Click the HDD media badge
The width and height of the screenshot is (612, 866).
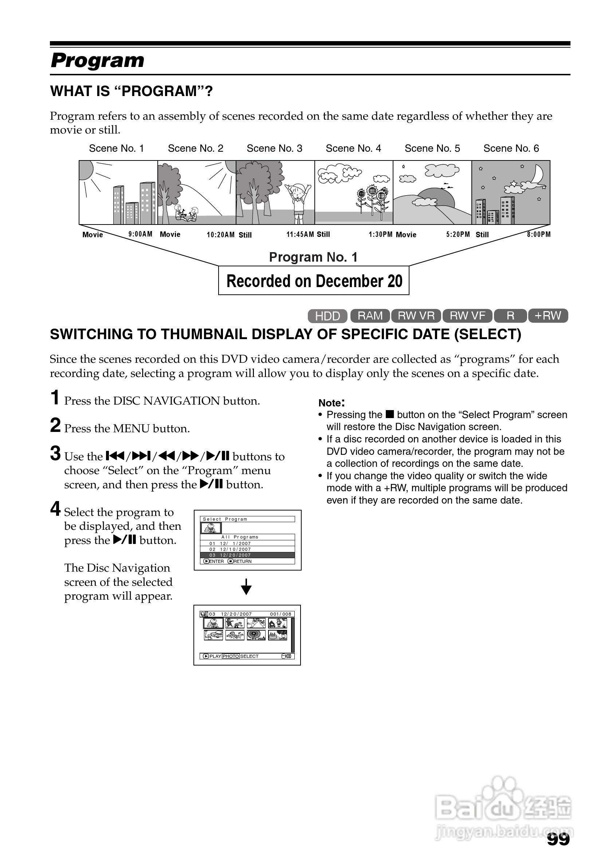[x=327, y=316]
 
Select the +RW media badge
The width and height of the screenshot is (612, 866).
[x=548, y=316]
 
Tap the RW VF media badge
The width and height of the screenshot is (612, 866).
[x=467, y=316]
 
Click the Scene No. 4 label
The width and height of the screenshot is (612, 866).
[x=353, y=148]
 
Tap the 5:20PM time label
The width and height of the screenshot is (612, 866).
[x=458, y=234]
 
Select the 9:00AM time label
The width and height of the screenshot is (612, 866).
[x=141, y=234]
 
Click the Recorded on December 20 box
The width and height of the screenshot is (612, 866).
[x=314, y=281]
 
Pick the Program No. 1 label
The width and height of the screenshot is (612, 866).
[x=313, y=257]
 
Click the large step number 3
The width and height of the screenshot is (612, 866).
[x=55, y=453]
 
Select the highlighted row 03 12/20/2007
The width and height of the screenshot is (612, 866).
[x=247, y=555]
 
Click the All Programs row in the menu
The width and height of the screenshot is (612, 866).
[x=247, y=537]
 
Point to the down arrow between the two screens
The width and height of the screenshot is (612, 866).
[x=246, y=587]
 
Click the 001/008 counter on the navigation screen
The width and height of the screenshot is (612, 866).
[x=280, y=614]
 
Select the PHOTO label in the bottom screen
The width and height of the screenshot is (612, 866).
[x=231, y=656]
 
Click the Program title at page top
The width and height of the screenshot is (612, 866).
[x=97, y=60]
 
